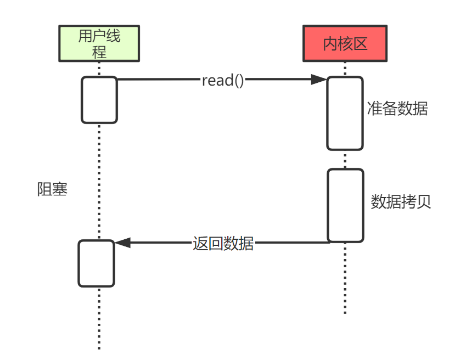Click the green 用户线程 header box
[x=99, y=43]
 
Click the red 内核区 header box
[x=345, y=43]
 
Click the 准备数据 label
[x=397, y=109]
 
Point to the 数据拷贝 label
[x=401, y=201]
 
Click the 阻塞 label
[x=52, y=189]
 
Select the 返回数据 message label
[x=223, y=243]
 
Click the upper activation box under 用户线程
[x=99, y=100]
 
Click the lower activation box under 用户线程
[x=96, y=263]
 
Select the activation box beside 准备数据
[x=345, y=113]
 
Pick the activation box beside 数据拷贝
[x=345, y=205]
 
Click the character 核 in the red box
[x=345, y=44]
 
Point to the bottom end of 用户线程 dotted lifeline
[x=99, y=348]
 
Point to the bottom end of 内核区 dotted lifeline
[x=345, y=313]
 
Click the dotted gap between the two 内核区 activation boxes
[x=345, y=159]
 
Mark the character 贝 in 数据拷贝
[x=423, y=201]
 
